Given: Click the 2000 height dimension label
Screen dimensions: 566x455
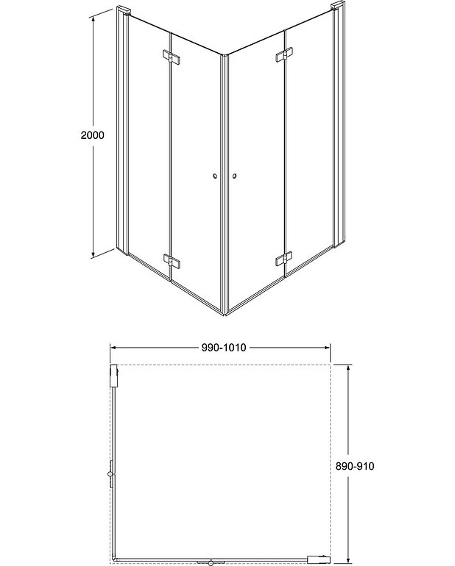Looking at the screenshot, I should point(93,135).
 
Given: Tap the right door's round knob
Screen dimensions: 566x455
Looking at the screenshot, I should point(235,176).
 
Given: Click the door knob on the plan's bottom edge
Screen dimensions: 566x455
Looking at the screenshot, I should point(213,561).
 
